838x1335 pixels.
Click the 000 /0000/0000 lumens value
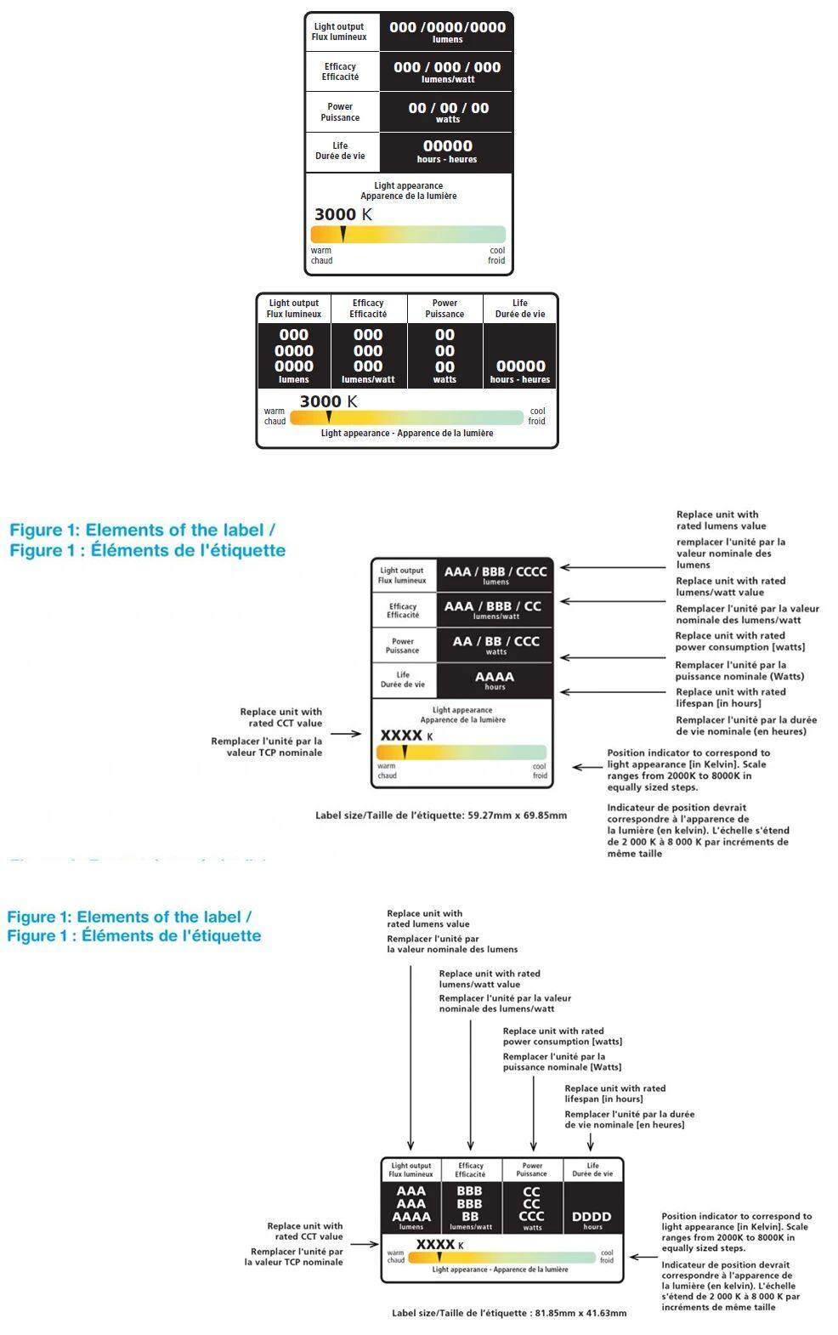pos(447,31)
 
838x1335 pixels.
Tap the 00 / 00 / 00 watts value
pos(448,111)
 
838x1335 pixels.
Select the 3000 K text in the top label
pos(343,214)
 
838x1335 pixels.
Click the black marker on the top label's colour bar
pos(343,234)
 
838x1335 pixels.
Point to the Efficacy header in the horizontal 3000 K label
pos(368,309)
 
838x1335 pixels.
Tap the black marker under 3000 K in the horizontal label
pos(329,417)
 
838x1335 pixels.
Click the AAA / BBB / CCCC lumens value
pos(495,575)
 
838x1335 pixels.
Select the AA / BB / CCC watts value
pos(495,645)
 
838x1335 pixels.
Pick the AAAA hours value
pos(495,680)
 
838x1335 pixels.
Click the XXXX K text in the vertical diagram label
pos(406,736)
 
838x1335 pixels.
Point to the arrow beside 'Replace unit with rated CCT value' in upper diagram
pos(346,734)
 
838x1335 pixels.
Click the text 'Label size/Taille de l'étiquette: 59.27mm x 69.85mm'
pos(440,815)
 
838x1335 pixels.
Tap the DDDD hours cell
pos(592,1219)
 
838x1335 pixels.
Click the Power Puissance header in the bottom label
pos(532,1169)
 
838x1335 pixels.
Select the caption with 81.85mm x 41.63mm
pos(509,1313)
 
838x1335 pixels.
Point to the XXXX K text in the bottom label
pos(439,1245)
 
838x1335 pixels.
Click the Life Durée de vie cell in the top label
pos(340,151)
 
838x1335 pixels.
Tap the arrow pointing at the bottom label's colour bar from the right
pos(642,1258)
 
